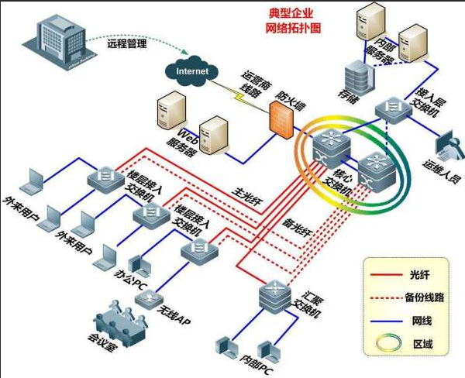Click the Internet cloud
click(193, 71)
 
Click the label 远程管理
click(129, 46)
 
